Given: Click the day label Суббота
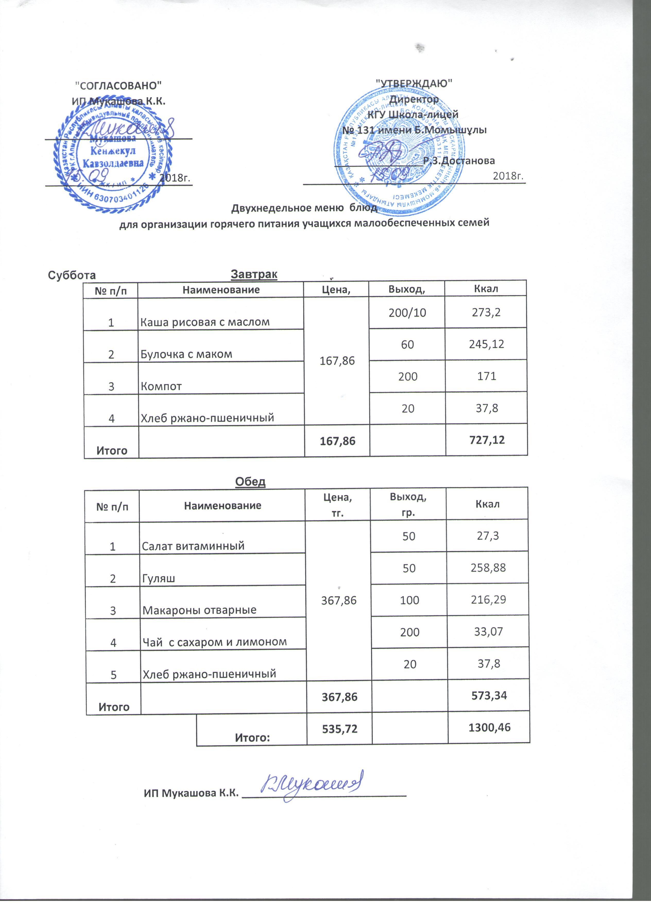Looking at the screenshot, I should pyautogui.click(x=72, y=275).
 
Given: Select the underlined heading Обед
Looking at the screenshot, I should pyautogui.click(x=250, y=482).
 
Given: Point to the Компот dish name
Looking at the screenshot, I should pyautogui.click(x=161, y=386).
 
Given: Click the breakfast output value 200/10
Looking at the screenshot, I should pyautogui.click(x=407, y=312).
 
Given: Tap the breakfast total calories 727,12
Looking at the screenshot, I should pyautogui.click(x=486, y=440).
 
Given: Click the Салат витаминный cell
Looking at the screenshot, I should pyautogui.click(x=193, y=546).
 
